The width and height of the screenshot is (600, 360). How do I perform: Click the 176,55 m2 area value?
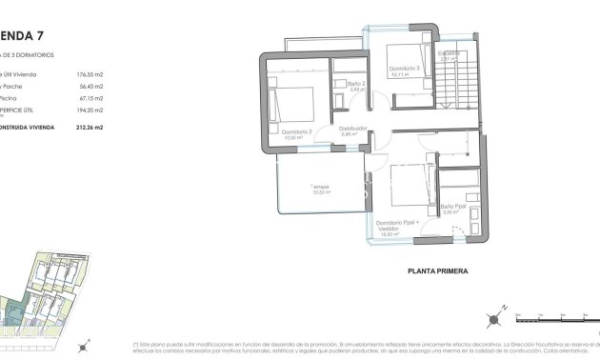[89, 73]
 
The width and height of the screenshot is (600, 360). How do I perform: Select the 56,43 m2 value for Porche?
[90, 86]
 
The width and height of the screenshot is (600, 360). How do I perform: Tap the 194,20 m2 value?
[90, 110]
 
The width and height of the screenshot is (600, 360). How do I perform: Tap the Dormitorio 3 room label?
[405, 69]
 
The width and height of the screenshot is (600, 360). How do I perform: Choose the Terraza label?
[318, 187]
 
